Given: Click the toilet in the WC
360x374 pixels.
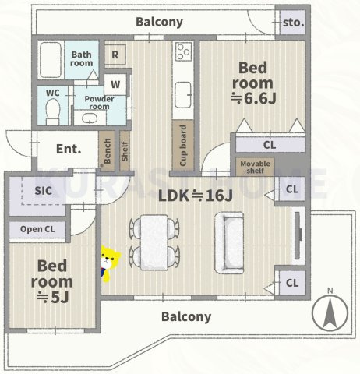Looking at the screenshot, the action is (53, 111).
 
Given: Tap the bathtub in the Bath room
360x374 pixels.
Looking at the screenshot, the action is (51, 59).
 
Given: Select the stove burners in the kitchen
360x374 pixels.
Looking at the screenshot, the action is (184, 51).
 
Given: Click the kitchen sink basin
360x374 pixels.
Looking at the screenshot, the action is (184, 95).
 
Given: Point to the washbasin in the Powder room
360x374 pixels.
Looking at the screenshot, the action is (90, 118).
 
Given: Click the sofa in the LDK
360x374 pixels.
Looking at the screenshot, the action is (229, 243).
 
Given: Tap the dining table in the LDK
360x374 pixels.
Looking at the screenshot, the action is (154, 242).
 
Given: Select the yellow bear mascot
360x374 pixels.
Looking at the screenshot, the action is (110, 263).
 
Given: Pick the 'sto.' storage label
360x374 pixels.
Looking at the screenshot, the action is (293, 23).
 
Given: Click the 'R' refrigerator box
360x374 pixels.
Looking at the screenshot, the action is (115, 55).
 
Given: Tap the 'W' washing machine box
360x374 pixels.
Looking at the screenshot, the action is (115, 84).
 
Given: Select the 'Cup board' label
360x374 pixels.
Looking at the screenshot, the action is (183, 146).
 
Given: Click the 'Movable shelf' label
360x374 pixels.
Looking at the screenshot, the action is (255, 168).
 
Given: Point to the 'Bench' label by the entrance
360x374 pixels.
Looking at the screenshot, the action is (107, 151).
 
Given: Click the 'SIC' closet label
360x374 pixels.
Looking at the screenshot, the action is (43, 191).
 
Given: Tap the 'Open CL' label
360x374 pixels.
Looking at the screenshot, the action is (37, 229).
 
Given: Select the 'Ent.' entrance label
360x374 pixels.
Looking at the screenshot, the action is (69, 149).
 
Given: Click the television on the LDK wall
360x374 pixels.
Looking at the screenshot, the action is (298, 235).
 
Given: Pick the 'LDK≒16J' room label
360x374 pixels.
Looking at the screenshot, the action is (196, 196).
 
